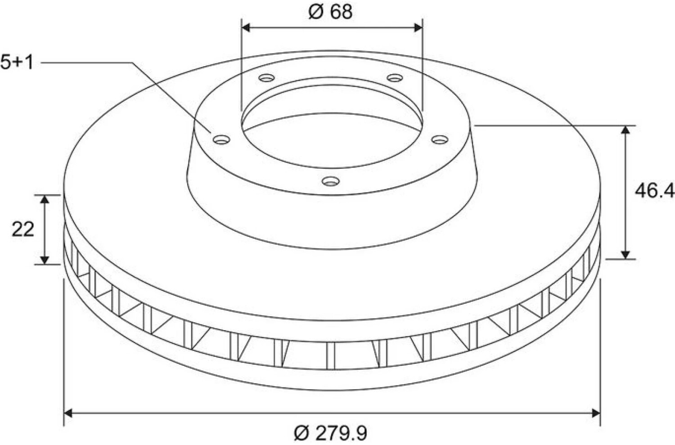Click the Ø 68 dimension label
pyautogui.click(x=331, y=12)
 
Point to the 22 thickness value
pyautogui.click(x=23, y=229)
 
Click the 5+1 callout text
pyautogui.click(x=17, y=63)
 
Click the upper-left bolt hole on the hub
pyautogui.click(x=267, y=78)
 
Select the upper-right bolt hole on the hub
pyautogui.click(x=395, y=78)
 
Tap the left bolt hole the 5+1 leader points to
pyautogui.click(x=221, y=139)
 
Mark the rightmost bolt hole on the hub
pyautogui.click(x=440, y=139)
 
